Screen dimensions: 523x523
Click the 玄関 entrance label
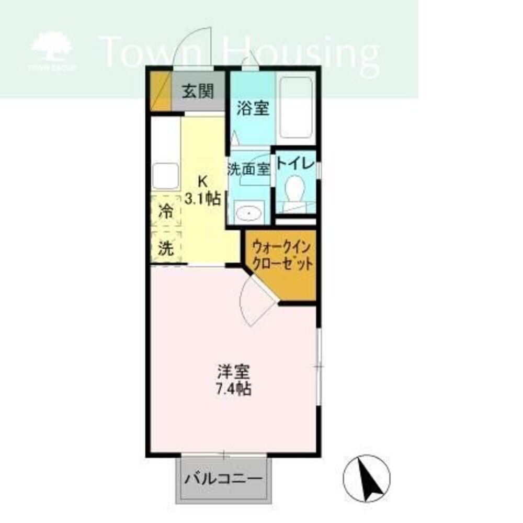pyautogui.click(x=198, y=91)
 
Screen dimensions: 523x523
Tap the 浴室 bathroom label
pyautogui.click(x=253, y=108)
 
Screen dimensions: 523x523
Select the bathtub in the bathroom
pyautogui.click(x=296, y=107)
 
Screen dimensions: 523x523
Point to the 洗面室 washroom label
pyautogui.click(x=249, y=169)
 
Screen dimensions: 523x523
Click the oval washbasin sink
pyautogui.click(x=249, y=212)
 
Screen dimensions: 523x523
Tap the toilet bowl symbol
pyautogui.click(x=294, y=189)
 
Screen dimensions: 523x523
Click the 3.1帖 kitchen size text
pyautogui.click(x=203, y=199)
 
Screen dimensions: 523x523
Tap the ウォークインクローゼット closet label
pyautogui.click(x=282, y=256)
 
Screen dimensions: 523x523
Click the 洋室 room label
pyautogui.click(x=233, y=371)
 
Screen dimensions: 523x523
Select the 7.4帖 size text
pyautogui.click(x=233, y=389)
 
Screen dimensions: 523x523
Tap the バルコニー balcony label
pyautogui.click(x=224, y=479)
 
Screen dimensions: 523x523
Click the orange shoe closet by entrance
pyautogui.click(x=161, y=91)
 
